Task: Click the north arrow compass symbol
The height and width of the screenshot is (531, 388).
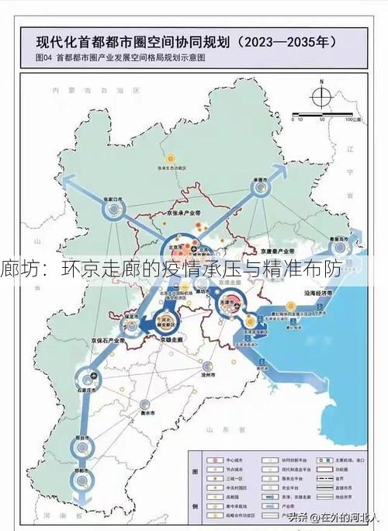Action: pyautogui.click(x=320, y=98)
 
